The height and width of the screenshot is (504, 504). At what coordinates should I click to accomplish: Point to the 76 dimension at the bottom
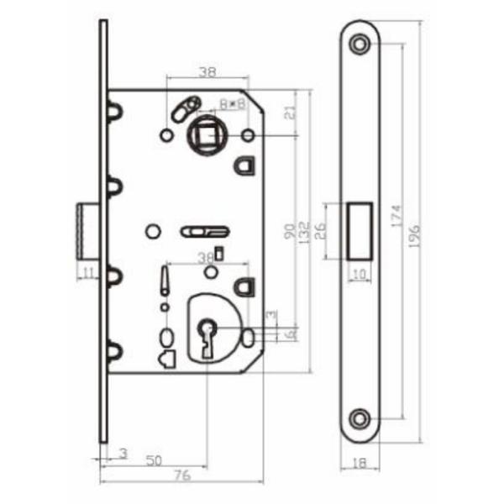click(x=181, y=475)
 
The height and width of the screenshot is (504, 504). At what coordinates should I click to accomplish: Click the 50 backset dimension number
click(x=154, y=460)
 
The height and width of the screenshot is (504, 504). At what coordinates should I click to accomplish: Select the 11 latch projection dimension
click(x=87, y=270)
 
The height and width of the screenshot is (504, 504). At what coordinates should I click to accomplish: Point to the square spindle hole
click(x=203, y=134)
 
